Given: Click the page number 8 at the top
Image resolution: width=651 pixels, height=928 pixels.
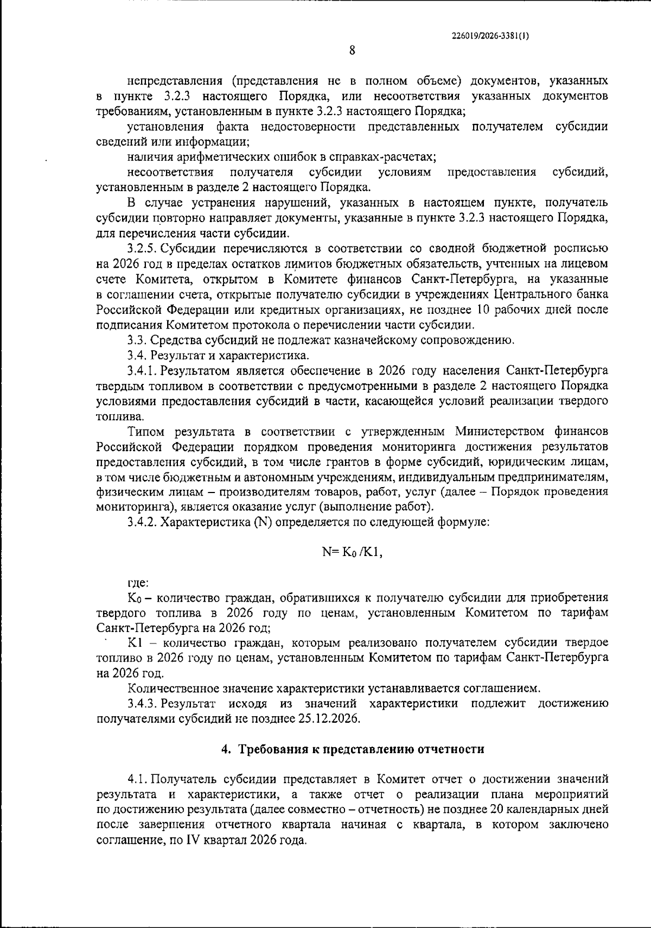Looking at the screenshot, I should pos(352,50).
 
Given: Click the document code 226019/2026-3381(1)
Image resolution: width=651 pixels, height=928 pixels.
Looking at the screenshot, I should pos(490,36).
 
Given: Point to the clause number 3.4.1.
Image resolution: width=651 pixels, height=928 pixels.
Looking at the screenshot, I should pos(142,371).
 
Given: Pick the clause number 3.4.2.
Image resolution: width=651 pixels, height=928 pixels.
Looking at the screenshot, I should pos(142,523).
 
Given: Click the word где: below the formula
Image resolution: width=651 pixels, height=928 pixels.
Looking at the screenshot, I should pos(138,583).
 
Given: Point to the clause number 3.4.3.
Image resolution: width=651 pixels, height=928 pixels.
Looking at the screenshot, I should pos(142,703).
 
